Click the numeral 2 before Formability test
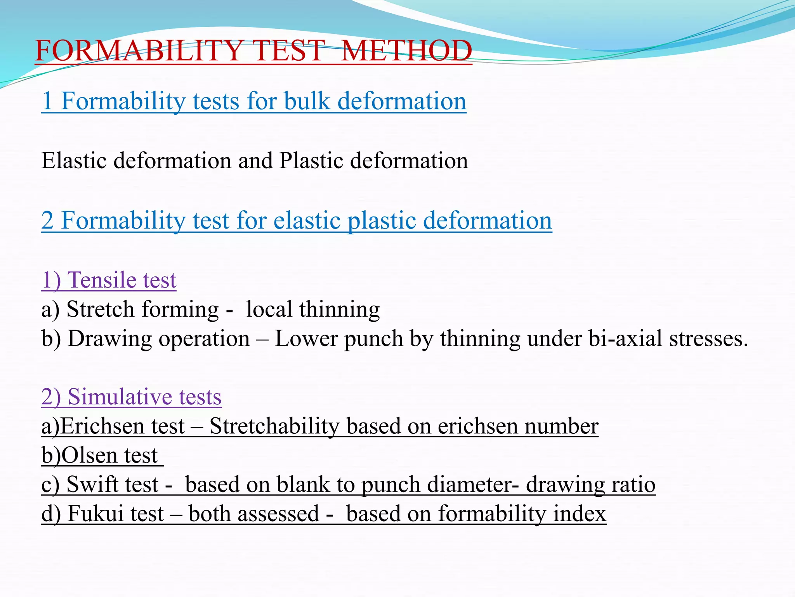click(47, 220)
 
